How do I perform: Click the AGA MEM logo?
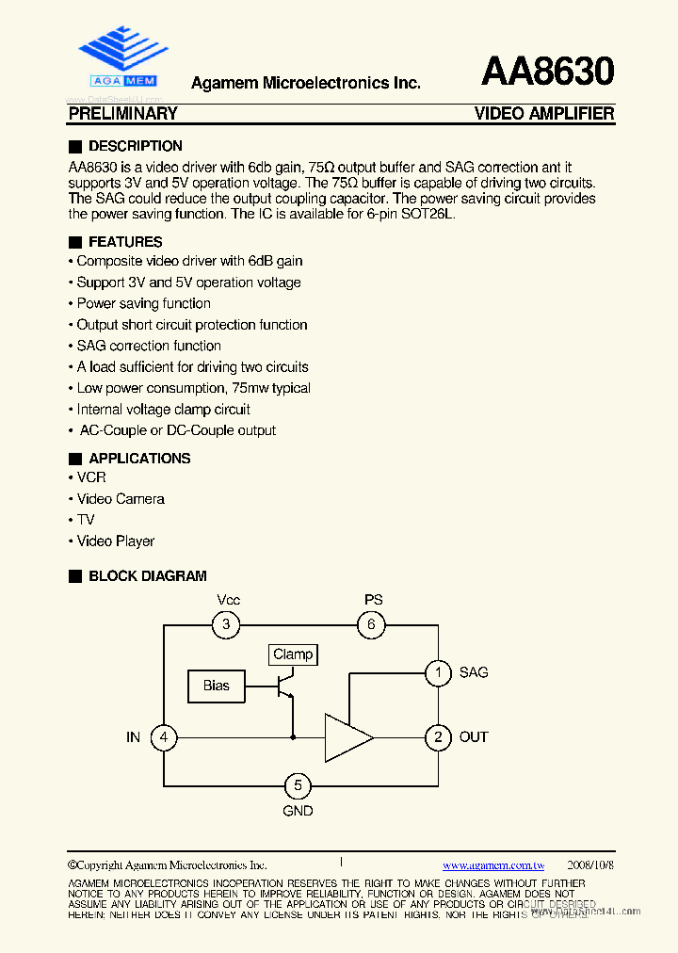tap(122, 57)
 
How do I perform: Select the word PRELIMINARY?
tap(123, 114)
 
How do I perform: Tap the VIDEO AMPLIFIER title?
tap(544, 114)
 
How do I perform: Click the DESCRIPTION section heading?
tap(135, 146)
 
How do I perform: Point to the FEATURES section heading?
tap(124, 242)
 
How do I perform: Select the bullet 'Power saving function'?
tap(143, 303)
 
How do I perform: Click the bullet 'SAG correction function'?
tap(149, 346)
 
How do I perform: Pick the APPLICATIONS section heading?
tap(139, 459)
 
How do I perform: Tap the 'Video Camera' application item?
tap(121, 499)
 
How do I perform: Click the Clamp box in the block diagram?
tap(292, 654)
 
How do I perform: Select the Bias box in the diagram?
tap(216, 686)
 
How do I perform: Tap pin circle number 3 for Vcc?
tap(226, 623)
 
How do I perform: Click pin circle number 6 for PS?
tap(372, 623)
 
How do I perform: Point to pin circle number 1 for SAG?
tap(438, 672)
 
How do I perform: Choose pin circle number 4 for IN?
tap(164, 737)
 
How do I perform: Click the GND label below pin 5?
tap(298, 810)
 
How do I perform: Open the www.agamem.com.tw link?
tap(493, 864)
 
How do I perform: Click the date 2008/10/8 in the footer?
tap(590, 864)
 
